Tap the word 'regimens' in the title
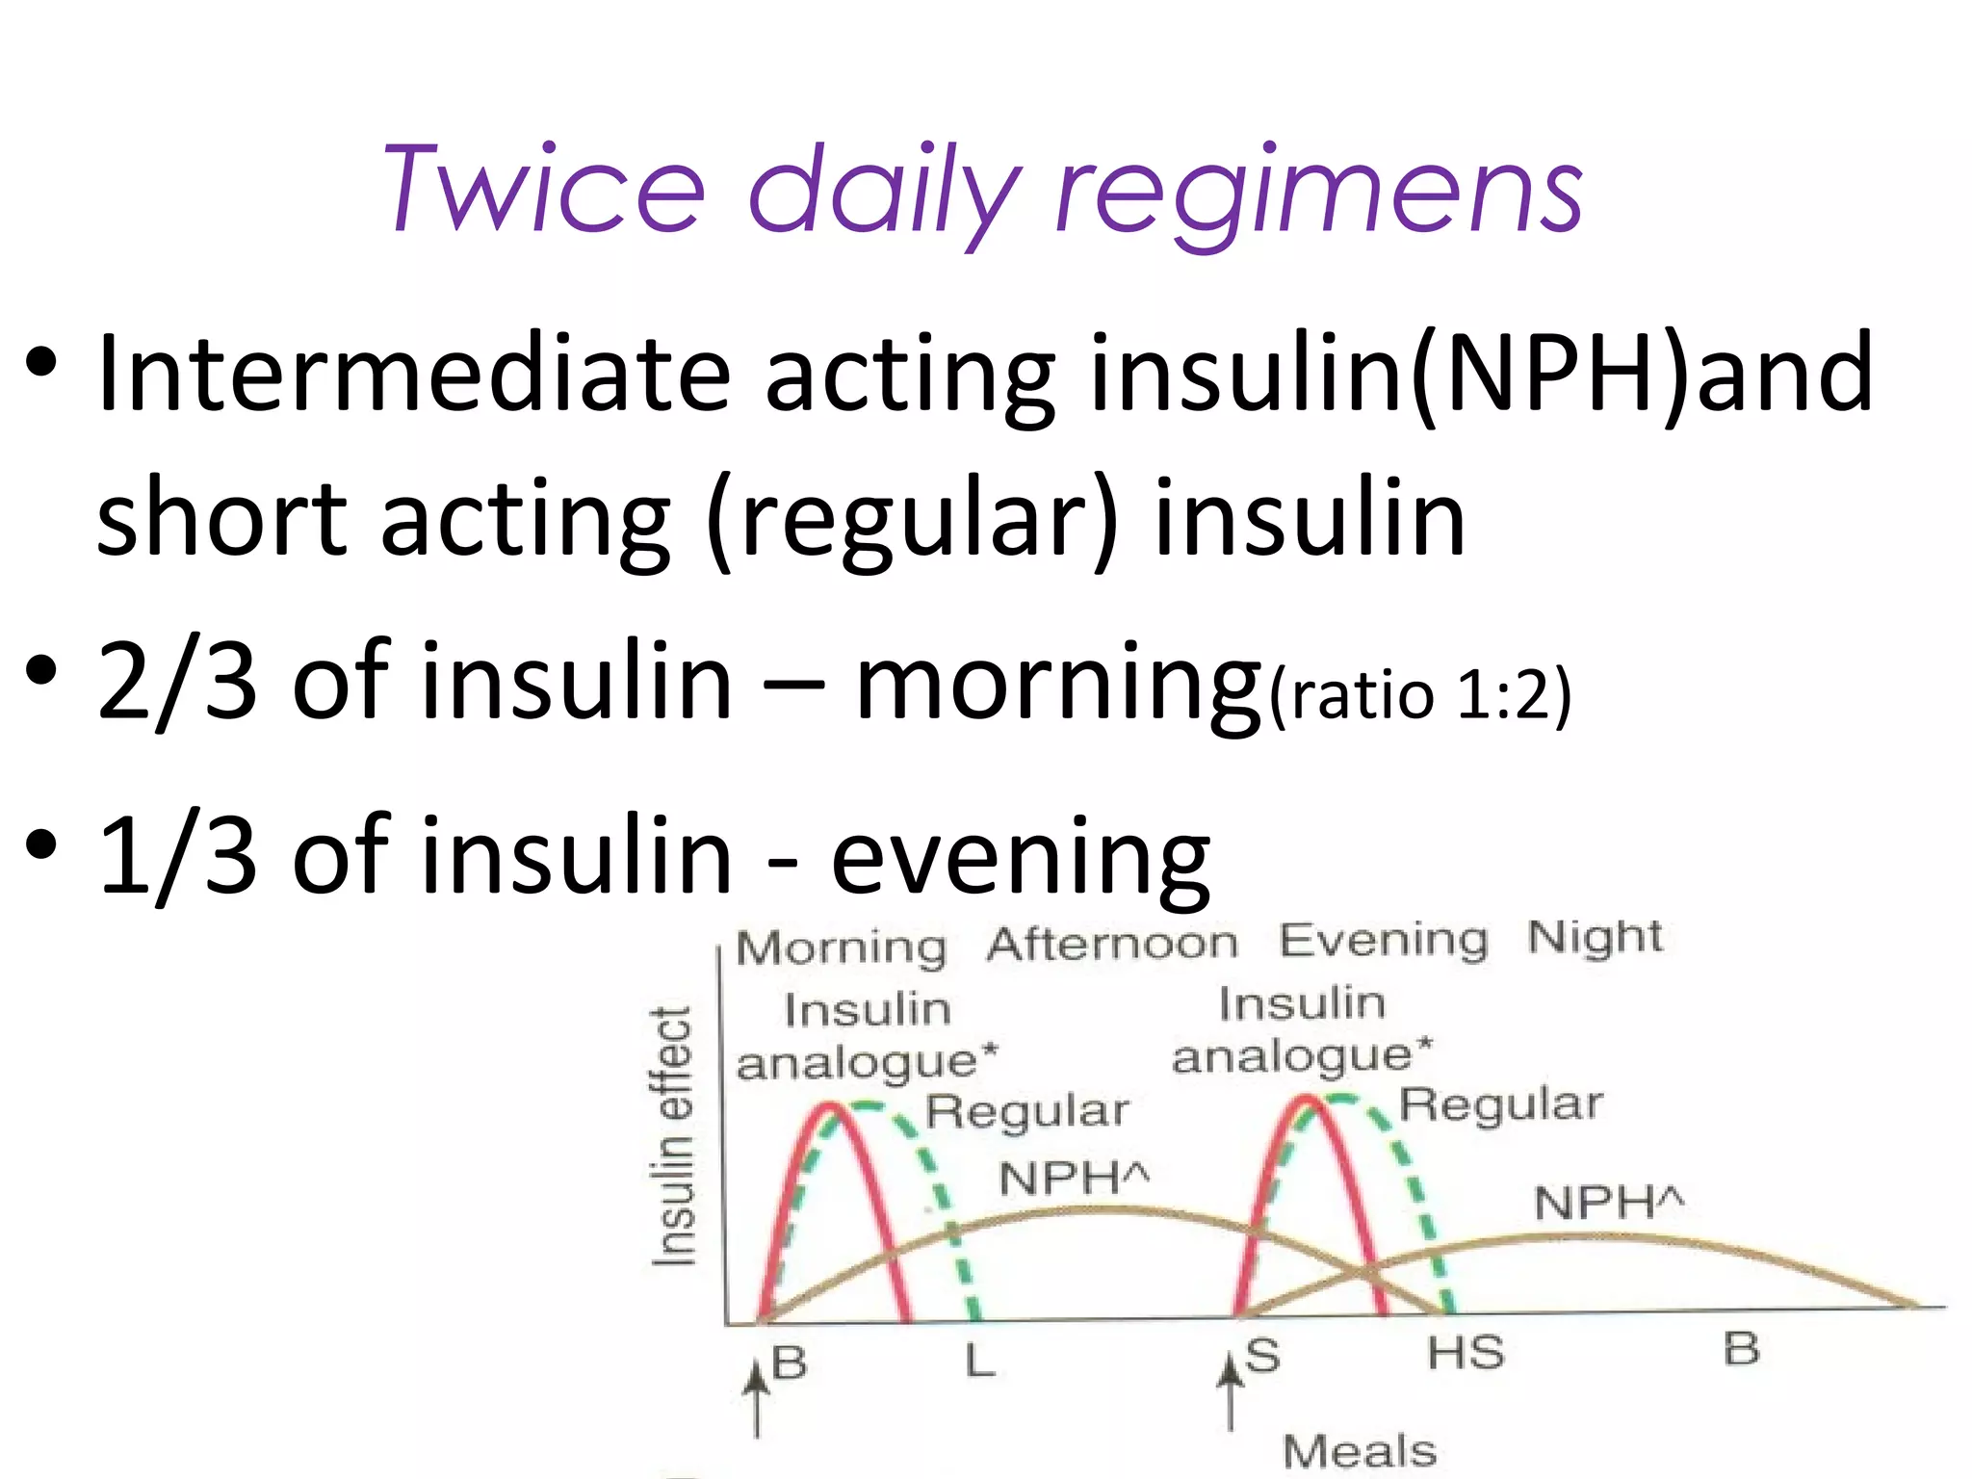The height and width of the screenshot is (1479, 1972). tap(1319, 193)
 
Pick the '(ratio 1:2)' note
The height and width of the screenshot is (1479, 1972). tap(1420, 693)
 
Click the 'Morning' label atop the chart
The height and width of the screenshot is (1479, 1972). tap(841, 947)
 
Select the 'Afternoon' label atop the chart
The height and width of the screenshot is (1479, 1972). tap(1112, 943)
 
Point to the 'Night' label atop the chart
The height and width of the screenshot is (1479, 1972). tap(1595, 937)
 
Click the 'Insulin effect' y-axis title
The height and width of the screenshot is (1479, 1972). tap(673, 1136)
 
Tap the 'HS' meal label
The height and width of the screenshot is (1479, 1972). tap(1465, 1354)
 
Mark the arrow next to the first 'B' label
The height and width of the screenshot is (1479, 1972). tap(757, 1401)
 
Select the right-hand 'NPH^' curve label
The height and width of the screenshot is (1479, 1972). tap(1609, 1203)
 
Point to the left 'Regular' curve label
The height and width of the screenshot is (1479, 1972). tap(1026, 1112)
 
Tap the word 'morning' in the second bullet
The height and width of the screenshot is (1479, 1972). tap(1057, 684)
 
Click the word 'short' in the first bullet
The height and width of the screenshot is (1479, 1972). tap(221, 520)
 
